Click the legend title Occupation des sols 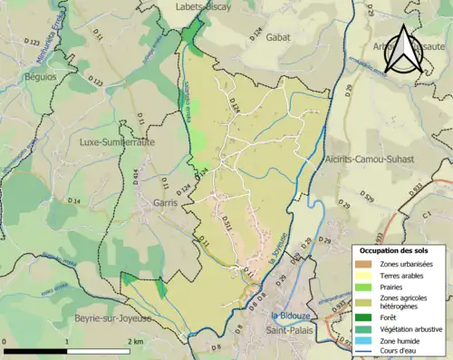tap(394, 249)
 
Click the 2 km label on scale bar tap(135, 340)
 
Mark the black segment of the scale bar tap(35, 350)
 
